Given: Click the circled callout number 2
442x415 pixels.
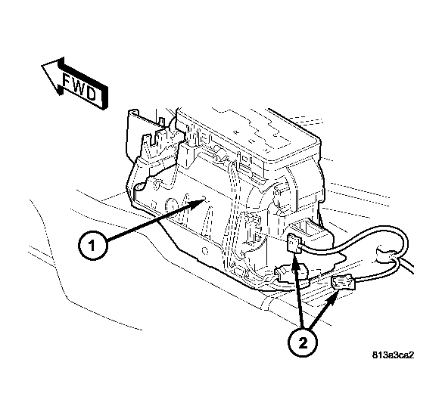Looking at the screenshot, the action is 303,343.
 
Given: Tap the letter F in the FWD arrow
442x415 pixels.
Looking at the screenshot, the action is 67,80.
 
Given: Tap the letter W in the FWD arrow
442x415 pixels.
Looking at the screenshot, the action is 79,87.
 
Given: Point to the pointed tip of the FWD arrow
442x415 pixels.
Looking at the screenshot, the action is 42,66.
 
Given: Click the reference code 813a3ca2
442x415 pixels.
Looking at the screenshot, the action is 394,355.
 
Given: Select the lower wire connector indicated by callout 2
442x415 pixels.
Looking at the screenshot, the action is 344,283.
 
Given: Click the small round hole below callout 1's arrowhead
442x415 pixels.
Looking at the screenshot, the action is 205,250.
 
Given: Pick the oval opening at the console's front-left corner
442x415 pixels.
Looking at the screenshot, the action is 141,187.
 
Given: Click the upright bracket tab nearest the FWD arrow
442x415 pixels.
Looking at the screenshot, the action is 135,132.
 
